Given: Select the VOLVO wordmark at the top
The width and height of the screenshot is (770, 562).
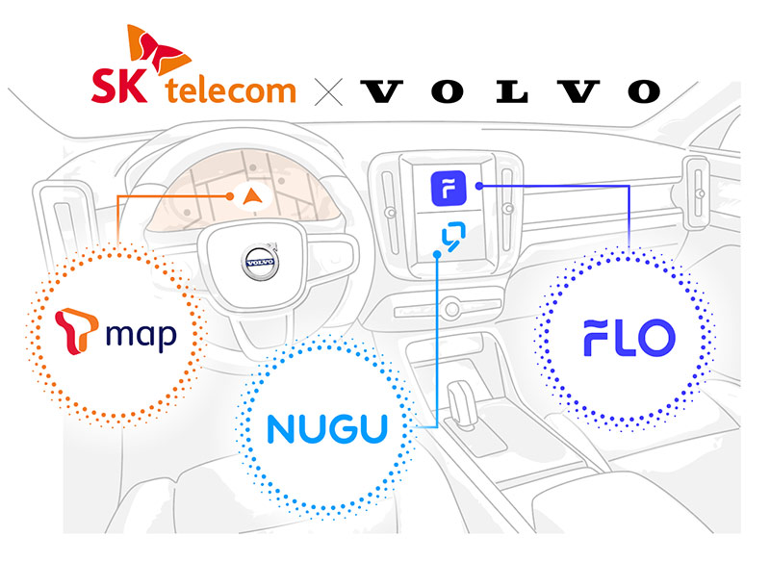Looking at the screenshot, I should tap(511, 91).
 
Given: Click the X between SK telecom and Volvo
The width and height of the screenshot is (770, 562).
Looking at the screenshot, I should tap(328, 91).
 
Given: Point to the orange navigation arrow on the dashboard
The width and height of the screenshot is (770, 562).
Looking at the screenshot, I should tap(252, 197).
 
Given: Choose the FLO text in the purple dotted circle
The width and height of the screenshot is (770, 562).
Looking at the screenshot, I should tap(629, 338).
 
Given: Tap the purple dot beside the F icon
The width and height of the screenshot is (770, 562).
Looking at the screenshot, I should tap(478, 186).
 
